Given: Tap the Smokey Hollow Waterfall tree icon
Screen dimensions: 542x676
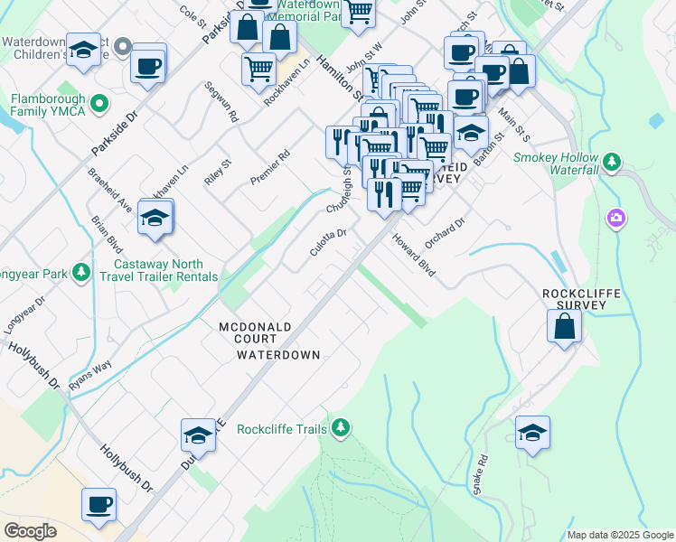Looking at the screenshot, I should [613, 162].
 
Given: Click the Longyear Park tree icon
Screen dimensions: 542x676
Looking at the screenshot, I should [81, 271].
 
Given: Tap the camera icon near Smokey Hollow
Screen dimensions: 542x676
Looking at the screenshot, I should [616, 218].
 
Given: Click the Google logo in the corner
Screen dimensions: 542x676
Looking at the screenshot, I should [30, 531].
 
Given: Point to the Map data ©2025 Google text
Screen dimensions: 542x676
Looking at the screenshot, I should [620, 535].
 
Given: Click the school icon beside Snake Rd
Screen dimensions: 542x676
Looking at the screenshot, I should [532, 434].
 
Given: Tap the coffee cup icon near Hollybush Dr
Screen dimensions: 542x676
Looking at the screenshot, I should [99, 505].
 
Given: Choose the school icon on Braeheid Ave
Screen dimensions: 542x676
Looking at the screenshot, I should [156, 218].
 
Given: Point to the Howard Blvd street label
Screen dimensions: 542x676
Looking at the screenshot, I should [414, 255].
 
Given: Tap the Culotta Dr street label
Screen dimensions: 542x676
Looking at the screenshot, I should [328, 240].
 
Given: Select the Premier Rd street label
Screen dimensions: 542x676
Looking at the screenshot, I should [270, 167].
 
